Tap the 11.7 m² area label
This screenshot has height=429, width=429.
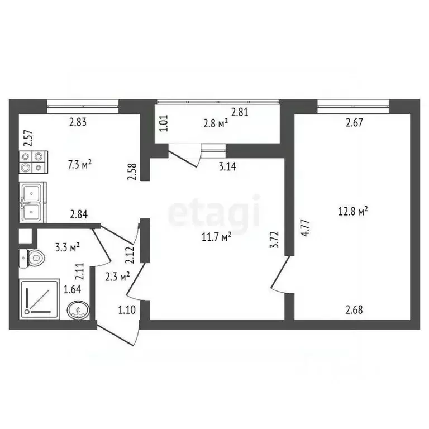click(217, 237)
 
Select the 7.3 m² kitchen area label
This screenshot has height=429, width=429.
click(80, 164)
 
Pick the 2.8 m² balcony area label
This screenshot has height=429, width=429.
click(215, 123)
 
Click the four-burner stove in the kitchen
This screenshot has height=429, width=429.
click(34, 162)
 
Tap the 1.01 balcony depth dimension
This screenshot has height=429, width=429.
click(164, 123)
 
